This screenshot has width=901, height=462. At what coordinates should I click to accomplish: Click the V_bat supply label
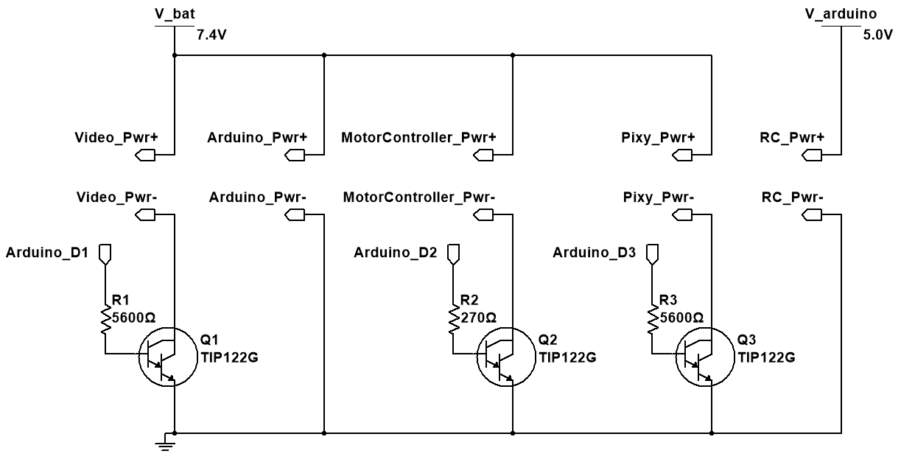[x=175, y=14]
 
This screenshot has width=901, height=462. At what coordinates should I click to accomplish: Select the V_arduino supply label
[x=839, y=14]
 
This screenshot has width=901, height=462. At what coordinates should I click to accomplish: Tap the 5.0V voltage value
[x=877, y=34]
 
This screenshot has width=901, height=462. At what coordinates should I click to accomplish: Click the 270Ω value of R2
[x=478, y=317]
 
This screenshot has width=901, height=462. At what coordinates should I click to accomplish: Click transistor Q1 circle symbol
[x=164, y=357]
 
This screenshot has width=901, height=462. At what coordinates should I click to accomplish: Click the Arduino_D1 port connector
[x=105, y=254]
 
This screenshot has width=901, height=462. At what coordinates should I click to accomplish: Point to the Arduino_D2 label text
[x=396, y=253]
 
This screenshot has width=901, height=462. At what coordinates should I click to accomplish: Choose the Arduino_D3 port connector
[x=651, y=254]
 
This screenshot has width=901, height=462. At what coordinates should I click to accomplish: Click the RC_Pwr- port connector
[x=811, y=214]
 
